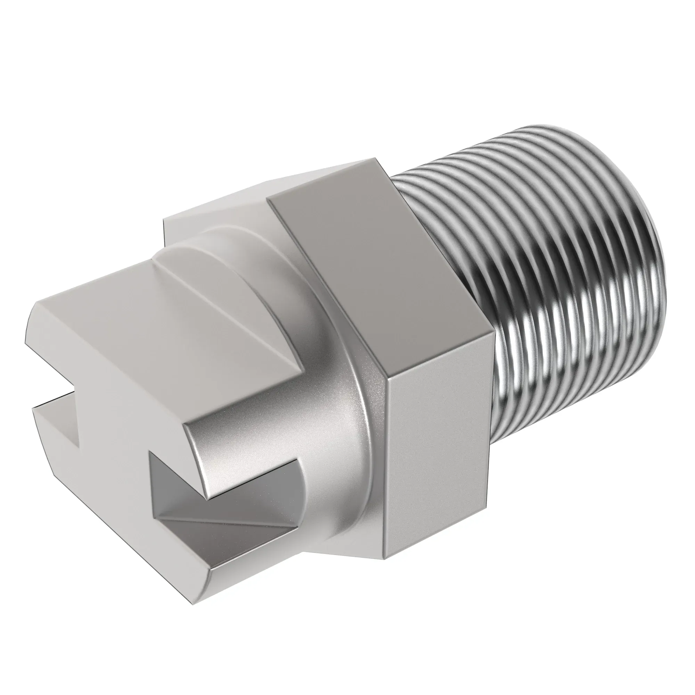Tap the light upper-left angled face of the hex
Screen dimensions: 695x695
click(x=230, y=202)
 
